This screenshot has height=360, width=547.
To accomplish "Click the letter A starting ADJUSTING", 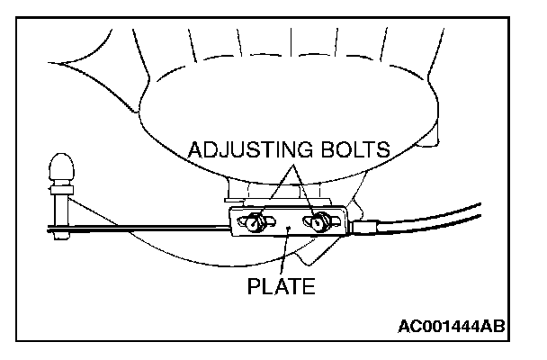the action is (195, 149).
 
